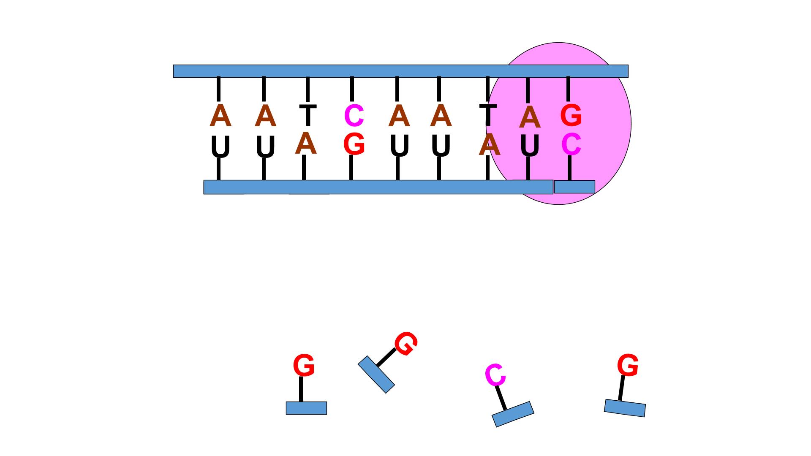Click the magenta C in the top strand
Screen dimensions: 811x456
pos(354,116)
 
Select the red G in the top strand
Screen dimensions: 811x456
pos(571,115)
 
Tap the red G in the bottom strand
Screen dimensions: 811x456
pos(354,144)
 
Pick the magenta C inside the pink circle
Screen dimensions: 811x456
pos(571,144)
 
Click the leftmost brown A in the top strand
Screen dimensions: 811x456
pos(220,116)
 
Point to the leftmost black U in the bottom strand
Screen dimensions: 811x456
pos(220,147)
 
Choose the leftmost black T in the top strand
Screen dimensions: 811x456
pos(308,115)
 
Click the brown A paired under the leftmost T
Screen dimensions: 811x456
pos(306,144)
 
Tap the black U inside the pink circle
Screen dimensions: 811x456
pos(530,145)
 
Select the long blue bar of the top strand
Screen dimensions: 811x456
pos(400,71)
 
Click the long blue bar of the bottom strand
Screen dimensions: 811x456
pos(378,187)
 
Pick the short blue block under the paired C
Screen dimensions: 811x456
pos(574,187)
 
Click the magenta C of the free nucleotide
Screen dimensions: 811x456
pos(495,375)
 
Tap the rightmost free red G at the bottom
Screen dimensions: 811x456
pos(628,365)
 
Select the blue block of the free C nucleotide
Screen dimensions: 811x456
pos(513,414)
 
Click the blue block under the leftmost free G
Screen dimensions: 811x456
pos(306,408)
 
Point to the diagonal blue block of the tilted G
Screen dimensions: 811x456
pos(376,375)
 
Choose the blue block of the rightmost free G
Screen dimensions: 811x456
pos(625,408)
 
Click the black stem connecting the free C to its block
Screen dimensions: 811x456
pos(501,398)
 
